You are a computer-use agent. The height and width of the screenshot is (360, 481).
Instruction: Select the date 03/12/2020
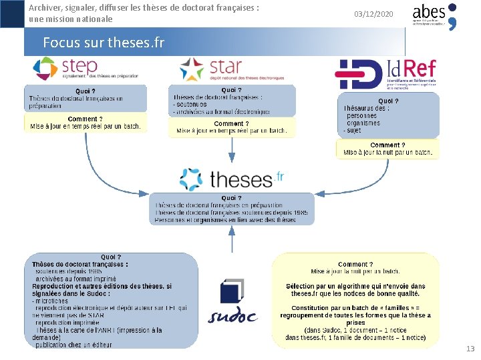coord(373,14)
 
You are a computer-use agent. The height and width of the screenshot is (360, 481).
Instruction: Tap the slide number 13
coord(470,349)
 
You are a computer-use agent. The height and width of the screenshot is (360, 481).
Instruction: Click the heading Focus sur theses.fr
coord(103,43)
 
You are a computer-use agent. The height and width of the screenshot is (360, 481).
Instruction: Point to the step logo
coord(65,69)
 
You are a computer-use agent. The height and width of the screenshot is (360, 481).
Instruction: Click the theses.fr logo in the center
coord(232,179)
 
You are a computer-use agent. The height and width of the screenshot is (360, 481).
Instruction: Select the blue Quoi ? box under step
coord(85,99)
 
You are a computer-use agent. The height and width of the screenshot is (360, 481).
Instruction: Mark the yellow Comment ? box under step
coord(85,123)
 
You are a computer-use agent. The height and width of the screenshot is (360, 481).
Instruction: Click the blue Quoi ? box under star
coord(231,101)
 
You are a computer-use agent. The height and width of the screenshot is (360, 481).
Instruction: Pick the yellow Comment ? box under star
coord(231,127)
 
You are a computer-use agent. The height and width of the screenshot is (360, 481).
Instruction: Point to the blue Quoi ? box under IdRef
coord(387,115)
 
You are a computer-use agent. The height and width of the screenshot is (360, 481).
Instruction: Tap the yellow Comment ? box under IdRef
coord(387,149)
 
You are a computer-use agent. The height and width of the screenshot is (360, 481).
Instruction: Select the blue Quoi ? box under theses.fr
coord(231,209)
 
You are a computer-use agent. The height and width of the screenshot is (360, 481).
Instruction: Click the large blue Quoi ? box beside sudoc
coord(111,300)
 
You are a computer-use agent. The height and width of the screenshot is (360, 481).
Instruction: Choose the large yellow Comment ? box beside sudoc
coord(355,300)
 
